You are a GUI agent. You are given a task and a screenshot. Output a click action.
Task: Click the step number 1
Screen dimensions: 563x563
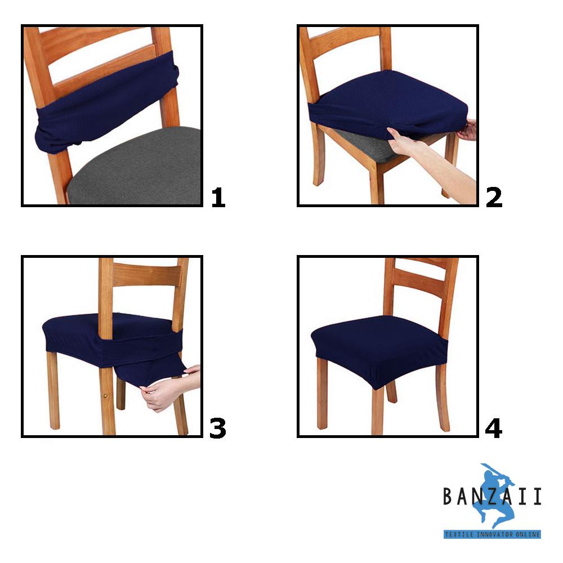218,198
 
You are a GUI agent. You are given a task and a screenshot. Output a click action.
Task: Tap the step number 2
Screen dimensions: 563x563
494,198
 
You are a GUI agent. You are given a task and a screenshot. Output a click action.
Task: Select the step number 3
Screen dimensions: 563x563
217,428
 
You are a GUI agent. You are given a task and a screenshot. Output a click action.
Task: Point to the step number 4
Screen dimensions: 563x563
494,428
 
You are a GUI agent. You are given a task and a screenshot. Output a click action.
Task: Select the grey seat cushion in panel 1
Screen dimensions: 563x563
141,169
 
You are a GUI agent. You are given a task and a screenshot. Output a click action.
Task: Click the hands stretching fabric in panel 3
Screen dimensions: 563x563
163,394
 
